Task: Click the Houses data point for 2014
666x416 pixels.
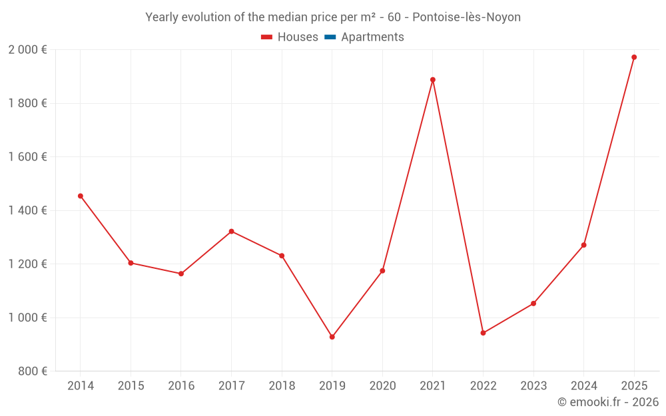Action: click(81, 196)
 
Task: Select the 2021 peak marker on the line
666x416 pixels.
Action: click(433, 80)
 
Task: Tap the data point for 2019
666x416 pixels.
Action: click(332, 337)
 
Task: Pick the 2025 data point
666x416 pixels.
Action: click(634, 57)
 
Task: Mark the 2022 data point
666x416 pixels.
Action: click(483, 333)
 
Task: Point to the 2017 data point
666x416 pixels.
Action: click(231, 232)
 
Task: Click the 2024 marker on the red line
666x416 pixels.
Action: click(583, 245)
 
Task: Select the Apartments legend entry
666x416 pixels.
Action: click(372, 37)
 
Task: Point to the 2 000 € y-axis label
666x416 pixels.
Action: click(27, 50)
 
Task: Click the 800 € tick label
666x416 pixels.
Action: click(33, 371)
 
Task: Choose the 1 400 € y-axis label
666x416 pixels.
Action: click(27, 210)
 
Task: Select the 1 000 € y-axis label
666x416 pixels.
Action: click(27, 317)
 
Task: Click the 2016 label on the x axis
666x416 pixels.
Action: click(181, 386)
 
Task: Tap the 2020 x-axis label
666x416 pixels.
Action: click(382, 386)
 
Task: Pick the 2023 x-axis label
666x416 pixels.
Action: click(533, 386)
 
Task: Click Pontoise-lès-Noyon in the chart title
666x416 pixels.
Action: click(466, 17)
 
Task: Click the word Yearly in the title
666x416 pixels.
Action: click(163, 17)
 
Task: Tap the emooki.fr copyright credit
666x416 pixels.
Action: click(608, 402)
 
